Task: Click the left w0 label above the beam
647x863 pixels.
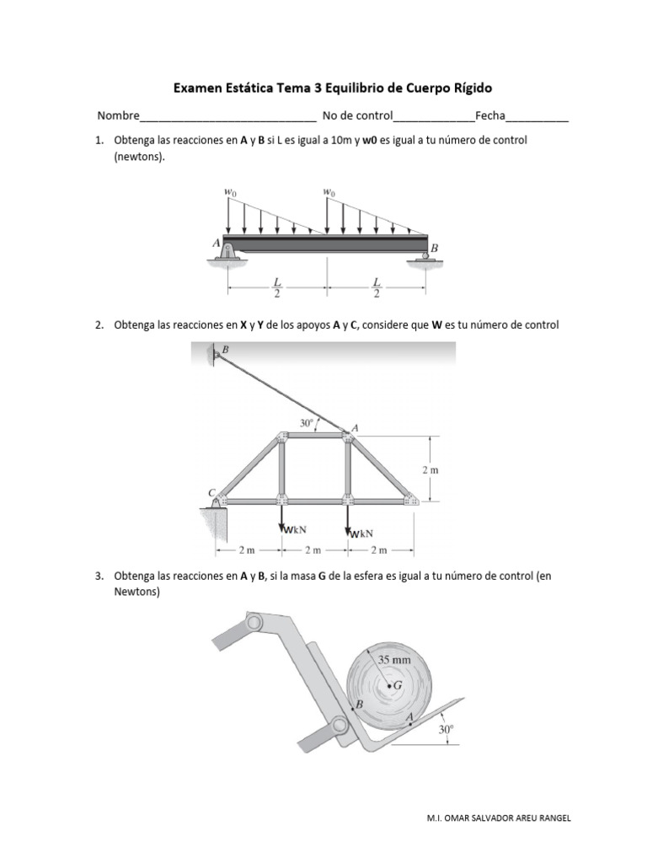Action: tap(230, 192)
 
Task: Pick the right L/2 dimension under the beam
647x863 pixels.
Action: tap(377, 287)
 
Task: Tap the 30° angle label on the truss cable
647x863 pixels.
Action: tap(307, 422)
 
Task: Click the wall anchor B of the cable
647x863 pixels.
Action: tap(216, 354)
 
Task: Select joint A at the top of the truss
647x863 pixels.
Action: tap(347, 436)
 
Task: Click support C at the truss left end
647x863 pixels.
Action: tap(218, 501)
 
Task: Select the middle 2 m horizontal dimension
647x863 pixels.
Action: tap(313, 550)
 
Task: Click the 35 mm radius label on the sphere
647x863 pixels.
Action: tap(393, 661)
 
